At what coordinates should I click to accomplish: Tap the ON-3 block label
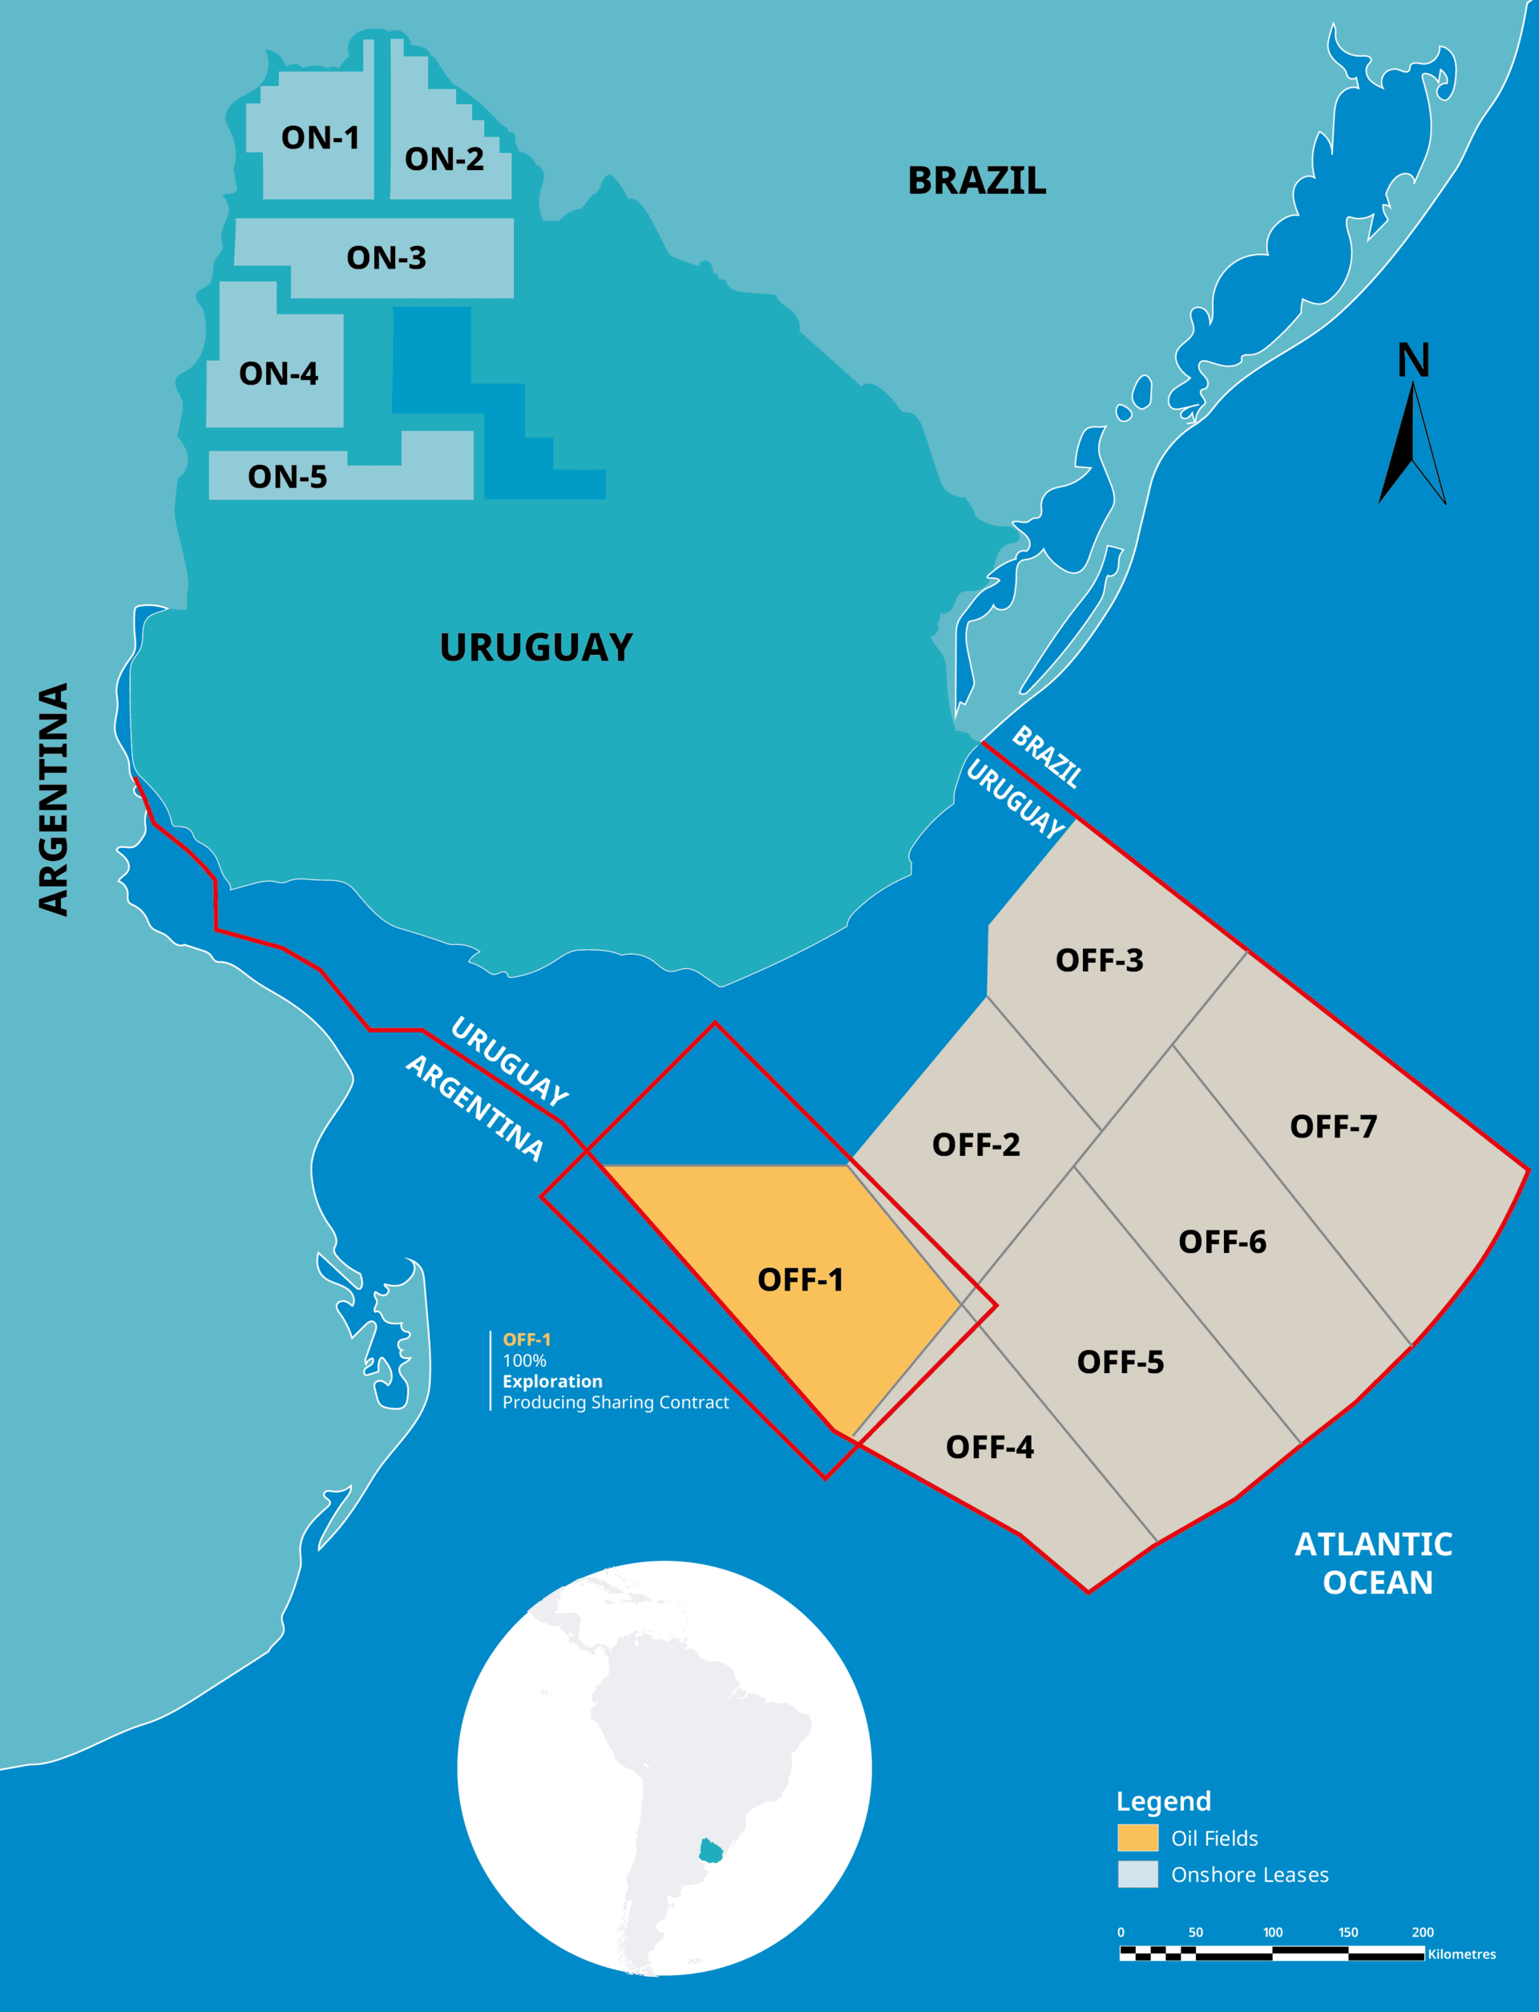pyautogui.click(x=386, y=257)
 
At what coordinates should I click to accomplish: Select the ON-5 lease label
pyautogui.click(x=287, y=476)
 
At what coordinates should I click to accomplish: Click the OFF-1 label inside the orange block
pyautogui.click(x=800, y=1279)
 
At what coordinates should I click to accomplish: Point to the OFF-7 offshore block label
pyautogui.click(x=1333, y=1126)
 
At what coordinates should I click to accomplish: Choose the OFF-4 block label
pyautogui.click(x=989, y=1447)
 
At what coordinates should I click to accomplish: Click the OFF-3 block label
pyautogui.click(x=1099, y=960)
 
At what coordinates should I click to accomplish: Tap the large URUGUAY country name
pyautogui.click(x=536, y=647)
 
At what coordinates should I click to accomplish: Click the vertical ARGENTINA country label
pyautogui.click(x=54, y=799)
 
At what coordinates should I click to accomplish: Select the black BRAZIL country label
pyautogui.click(x=976, y=180)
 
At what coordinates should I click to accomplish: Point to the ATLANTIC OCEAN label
pyautogui.click(x=1374, y=1563)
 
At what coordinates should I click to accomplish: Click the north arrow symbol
pyautogui.click(x=1412, y=444)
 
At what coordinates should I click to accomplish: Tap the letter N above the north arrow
pyautogui.click(x=1413, y=360)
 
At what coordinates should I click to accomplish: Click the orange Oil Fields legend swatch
pyautogui.click(x=1137, y=1838)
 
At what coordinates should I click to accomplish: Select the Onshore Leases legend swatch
pyautogui.click(x=1137, y=1875)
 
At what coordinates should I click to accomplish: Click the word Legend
pyautogui.click(x=1163, y=1801)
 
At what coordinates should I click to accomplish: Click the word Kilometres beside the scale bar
pyautogui.click(x=1461, y=1954)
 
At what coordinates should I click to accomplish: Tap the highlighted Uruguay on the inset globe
pyautogui.click(x=711, y=1851)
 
